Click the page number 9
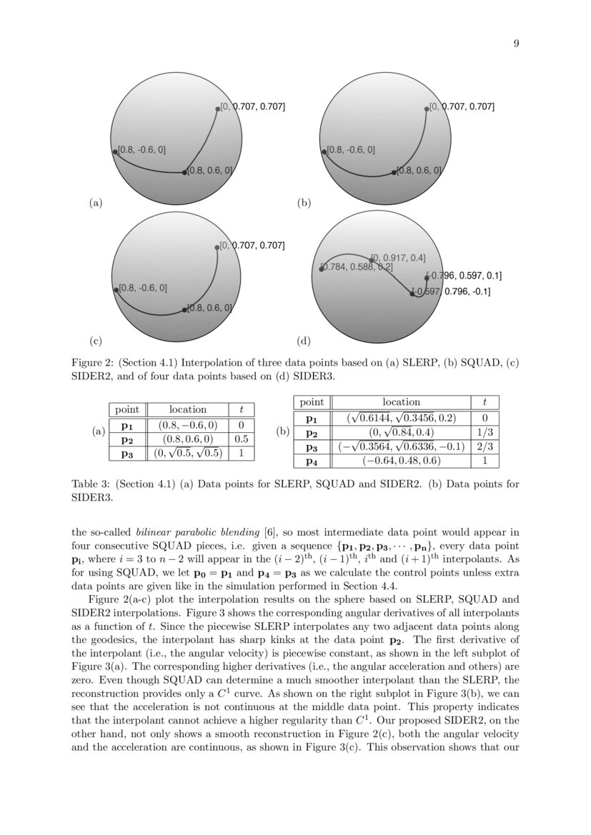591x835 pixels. (x=516, y=44)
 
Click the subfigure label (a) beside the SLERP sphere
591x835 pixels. (x=95, y=204)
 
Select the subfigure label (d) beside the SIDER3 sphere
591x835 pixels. (x=304, y=342)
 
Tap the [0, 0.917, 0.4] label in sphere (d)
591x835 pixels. (x=399, y=257)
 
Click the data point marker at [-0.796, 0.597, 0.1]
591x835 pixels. (x=427, y=278)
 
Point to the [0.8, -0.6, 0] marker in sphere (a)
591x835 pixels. (x=115, y=151)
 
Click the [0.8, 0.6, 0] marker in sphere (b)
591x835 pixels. (x=394, y=172)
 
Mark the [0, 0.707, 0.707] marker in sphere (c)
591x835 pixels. (x=217, y=248)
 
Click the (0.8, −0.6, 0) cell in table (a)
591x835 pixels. (x=187, y=424)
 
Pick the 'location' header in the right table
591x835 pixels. (x=402, y=402)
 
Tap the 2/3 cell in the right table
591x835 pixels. (x=485, y=447)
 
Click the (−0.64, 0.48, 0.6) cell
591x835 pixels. (x=402, y=461)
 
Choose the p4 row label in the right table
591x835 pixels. (x=312, y=461)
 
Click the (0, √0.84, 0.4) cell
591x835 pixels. (x=402, y=432)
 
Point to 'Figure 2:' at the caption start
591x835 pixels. (x=91, y=362)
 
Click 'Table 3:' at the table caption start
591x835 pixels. (x=89, y=484)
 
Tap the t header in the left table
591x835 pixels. (x=241, y=409)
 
